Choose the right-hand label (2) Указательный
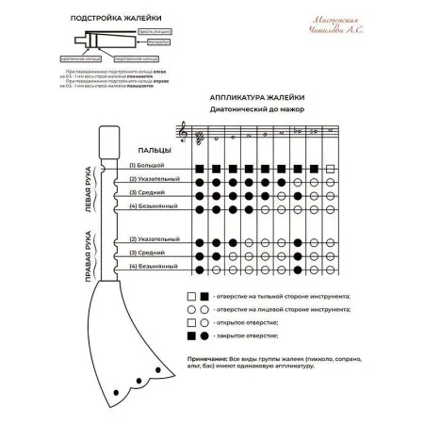154,240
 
